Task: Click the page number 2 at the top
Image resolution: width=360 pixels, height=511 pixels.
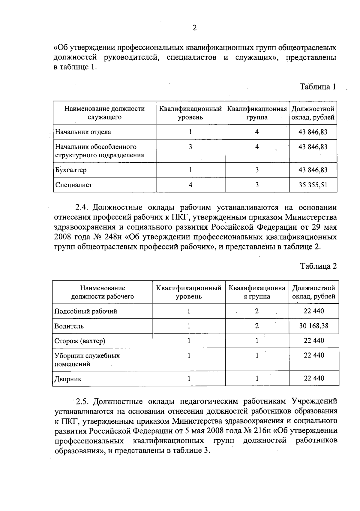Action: click(194, 28)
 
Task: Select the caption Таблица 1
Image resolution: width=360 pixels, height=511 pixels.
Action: click(318, 87)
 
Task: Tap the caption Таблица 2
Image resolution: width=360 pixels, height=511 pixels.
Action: click(319, 266)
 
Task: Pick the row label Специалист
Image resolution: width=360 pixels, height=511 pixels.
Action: click(73, 185)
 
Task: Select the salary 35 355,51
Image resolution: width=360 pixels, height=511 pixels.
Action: click(313, 185)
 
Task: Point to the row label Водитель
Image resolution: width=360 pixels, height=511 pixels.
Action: click(69, 326)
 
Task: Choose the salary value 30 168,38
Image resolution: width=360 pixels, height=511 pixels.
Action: click(314, 326)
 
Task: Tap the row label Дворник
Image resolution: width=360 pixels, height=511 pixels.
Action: click(68, 379)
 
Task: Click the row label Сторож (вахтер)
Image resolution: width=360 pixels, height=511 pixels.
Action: click(80, 341)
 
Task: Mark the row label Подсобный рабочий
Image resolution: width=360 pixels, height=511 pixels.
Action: click(85, 311)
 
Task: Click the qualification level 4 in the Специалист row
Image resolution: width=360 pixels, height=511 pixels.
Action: click(190, 185)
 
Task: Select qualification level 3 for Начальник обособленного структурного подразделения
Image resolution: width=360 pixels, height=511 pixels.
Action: click(190, 147)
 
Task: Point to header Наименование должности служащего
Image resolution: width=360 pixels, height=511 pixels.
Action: click(104, 113)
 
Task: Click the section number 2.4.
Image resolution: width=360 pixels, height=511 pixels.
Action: click(81, 207)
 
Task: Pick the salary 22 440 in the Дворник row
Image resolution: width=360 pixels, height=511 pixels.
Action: click(314, 378)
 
